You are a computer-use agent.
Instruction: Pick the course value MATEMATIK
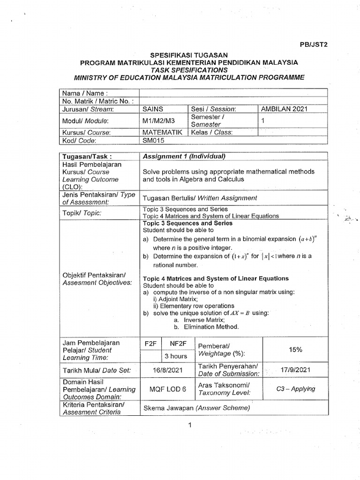click(162, 132)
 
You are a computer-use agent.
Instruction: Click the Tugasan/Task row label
click(87, 156)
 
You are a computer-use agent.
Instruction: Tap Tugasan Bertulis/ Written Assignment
click(200, 198)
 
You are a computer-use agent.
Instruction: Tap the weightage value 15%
click(295, 349)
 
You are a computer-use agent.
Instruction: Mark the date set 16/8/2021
click(167, 370)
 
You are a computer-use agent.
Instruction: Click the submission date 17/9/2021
click(295, 370)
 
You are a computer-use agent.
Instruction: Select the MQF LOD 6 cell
click(167, 389)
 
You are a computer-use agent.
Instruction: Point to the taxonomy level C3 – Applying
click(295, 389)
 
